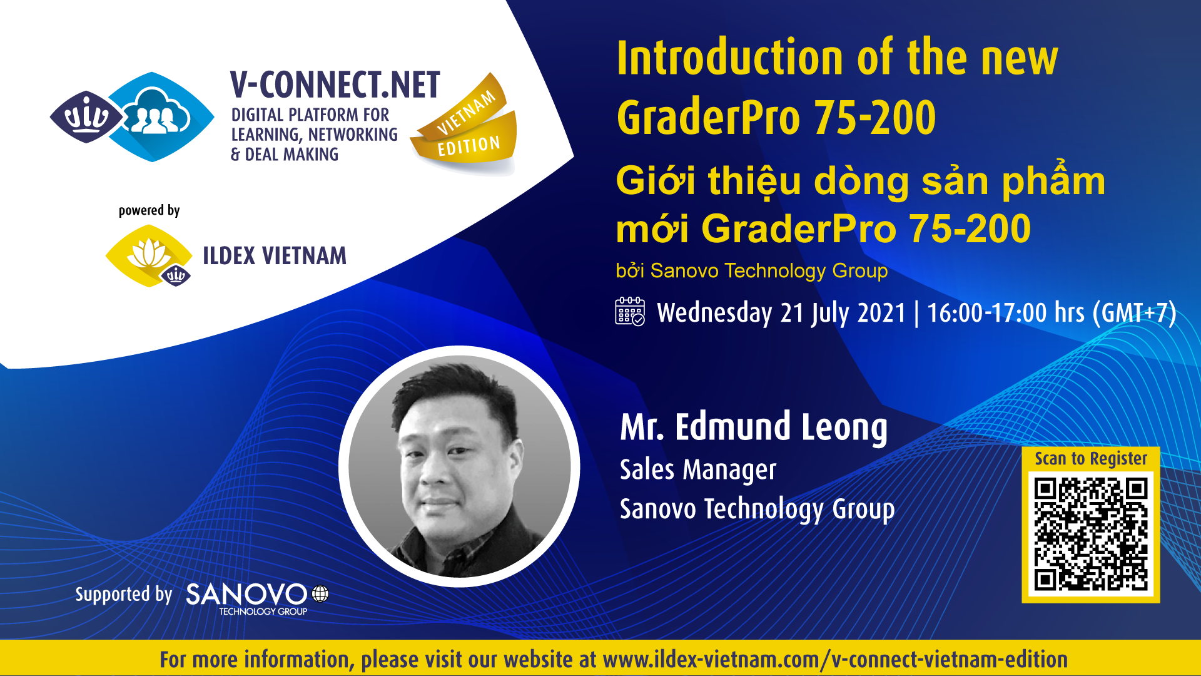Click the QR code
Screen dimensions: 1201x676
click(1090, 534)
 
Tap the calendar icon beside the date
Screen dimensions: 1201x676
click(630, 312)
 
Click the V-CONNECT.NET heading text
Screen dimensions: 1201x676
click(335, 85)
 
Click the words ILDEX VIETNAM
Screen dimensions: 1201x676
click(275, 256)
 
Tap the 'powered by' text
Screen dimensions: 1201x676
click(149, 210)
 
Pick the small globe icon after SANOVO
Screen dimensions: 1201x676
click(320, 593)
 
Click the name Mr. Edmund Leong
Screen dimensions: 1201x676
click(754, 428)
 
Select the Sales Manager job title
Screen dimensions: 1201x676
click(697, 470)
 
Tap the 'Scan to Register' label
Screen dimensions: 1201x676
click(1091, 459)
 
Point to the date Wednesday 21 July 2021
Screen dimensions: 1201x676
click(781, 313)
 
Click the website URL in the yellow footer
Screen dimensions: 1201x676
click(835, 660)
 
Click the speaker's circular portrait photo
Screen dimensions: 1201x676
click(460, 466)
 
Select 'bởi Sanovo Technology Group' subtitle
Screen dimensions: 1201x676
click(751, 270)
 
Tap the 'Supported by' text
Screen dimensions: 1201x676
click(124, 594)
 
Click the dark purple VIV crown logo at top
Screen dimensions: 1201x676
click(87, 116)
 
